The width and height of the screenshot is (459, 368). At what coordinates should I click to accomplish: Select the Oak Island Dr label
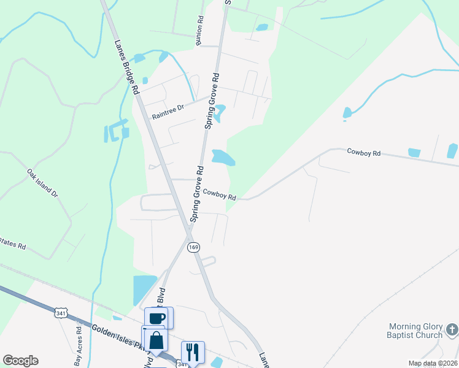42,183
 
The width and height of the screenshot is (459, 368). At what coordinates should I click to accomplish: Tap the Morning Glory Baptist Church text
415,331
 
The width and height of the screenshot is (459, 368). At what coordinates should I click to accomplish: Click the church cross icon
451,330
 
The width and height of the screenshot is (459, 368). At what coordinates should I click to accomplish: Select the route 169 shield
193,247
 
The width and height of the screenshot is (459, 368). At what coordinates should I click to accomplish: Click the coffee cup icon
157,318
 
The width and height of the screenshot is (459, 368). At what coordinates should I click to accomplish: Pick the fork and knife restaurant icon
192,351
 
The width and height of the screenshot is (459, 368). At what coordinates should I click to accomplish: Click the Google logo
20,361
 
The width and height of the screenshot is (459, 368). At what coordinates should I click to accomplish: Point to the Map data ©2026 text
433,363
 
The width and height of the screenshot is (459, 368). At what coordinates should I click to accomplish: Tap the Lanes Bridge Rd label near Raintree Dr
126,66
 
